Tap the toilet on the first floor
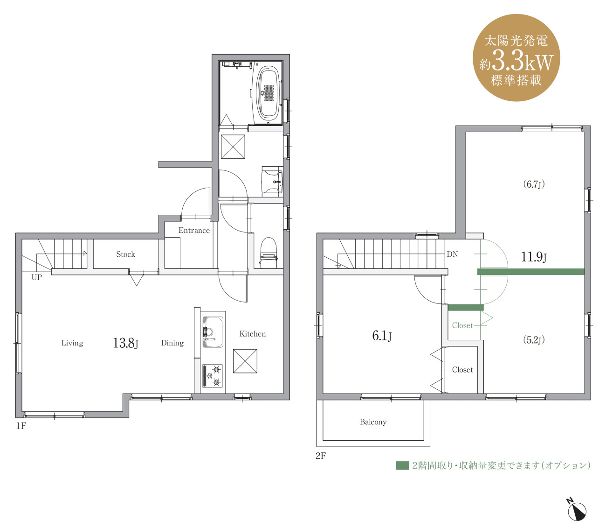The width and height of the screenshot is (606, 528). click(x=269, y=253)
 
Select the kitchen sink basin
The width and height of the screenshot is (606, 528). click(x=213, y=331)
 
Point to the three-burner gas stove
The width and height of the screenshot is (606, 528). click(x=213, y=375)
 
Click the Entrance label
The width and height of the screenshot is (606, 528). click(x=194, y=231)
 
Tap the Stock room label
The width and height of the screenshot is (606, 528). click(x=125, y=254)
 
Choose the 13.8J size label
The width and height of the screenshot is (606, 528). click(x=125, y=343)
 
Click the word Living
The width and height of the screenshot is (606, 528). click(x=72, y=343)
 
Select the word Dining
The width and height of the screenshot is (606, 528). click(x=172, y=343)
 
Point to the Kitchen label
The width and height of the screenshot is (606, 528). click(x=253, y=334)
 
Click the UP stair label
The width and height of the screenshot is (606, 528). click(x=37, y=277)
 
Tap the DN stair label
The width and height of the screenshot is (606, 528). click(x=452, y=254)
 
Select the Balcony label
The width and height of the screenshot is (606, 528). click(x=373, y=422)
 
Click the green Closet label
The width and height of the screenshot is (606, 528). click(x=462, y=325)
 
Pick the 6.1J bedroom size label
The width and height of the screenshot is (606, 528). click(x=382, y=336)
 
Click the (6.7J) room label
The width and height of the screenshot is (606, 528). click(x=534, y=184)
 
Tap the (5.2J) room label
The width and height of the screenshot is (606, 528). click(x=534, y=340)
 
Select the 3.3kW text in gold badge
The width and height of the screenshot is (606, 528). click(x=523, y=62)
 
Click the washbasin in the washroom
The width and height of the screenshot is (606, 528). click(x=272, y=182)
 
